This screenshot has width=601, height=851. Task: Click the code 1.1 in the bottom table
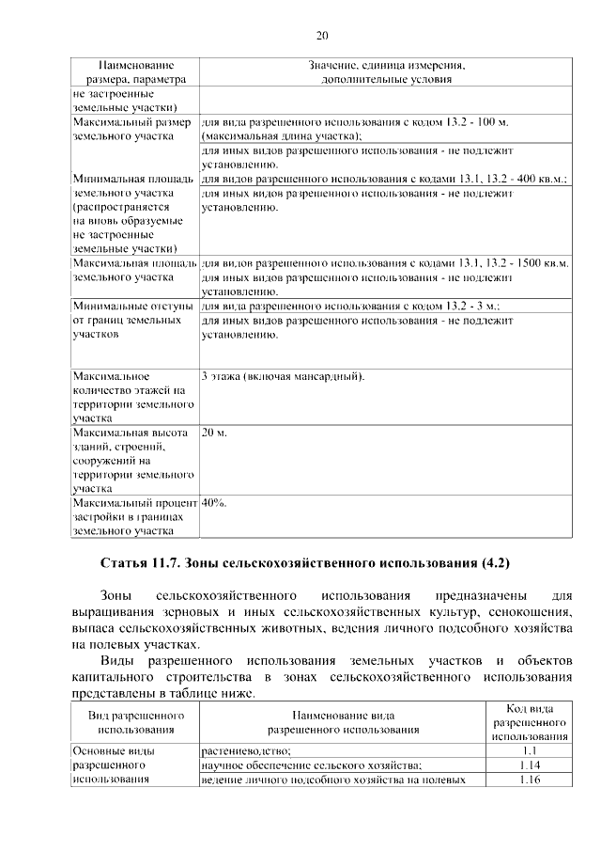tap(528, 750)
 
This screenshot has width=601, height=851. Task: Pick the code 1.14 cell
tap(528, 765)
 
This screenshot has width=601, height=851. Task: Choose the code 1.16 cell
tap(528, 780)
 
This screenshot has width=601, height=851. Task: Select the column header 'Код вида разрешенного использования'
tap(528, 721)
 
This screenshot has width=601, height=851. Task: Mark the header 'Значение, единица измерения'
tap(387, 65)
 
